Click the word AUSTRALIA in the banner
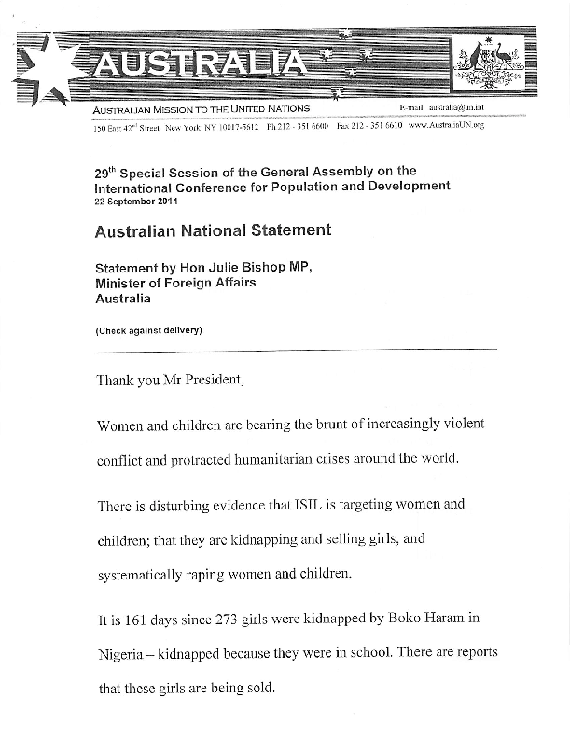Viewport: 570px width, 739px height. coord(201,64)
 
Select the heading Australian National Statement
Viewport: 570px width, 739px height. coord(213,230)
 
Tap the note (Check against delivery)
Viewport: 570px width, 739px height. coord(148,331)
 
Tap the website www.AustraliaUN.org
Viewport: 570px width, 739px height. coord(446,125)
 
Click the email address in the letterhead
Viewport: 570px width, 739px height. coord(450,110)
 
